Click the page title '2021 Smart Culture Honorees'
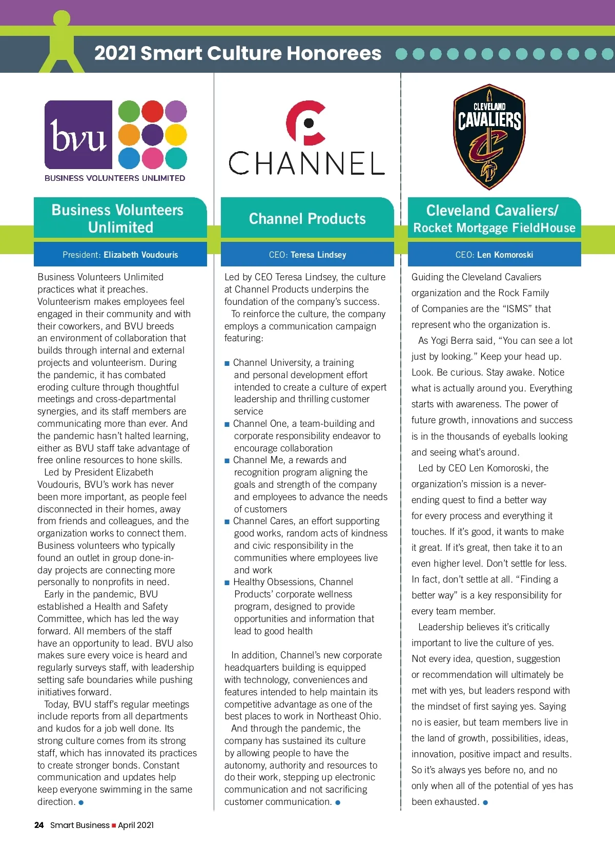tap(238, 53)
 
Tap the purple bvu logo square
tap(78, 135)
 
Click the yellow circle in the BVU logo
tap(176, 135)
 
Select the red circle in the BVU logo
tap(152, 111)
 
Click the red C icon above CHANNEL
tap(306, 123)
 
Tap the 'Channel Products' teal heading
tap(307, 219)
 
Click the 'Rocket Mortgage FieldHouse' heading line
tap(494, 228)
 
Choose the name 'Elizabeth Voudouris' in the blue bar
tap(140, 255)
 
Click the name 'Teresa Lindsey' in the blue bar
tap(318, 255)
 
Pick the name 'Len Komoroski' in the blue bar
tap(505, 255)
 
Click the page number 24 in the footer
tap(39, 825)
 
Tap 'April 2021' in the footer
tap(136, 825)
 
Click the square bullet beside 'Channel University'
tap(227, 363)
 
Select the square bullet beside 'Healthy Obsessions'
tap(227, 583)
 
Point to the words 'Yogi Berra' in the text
tap(453, 341)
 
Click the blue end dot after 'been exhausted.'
tap(485, 802)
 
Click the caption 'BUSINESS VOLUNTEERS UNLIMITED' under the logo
tap(115, 178)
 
